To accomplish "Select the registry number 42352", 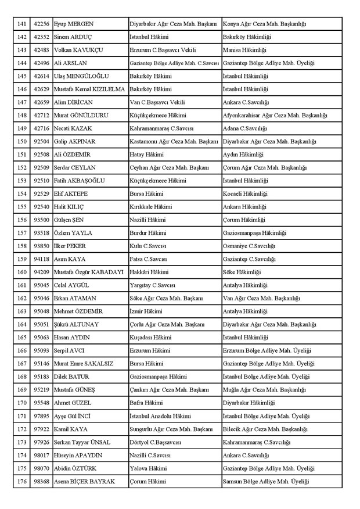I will [41, 37].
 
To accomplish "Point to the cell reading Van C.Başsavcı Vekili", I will [157, 102].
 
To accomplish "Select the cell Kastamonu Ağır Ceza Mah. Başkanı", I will [174, 140].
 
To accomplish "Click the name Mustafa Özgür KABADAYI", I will [88, 271].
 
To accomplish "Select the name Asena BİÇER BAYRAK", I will [84, 481].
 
